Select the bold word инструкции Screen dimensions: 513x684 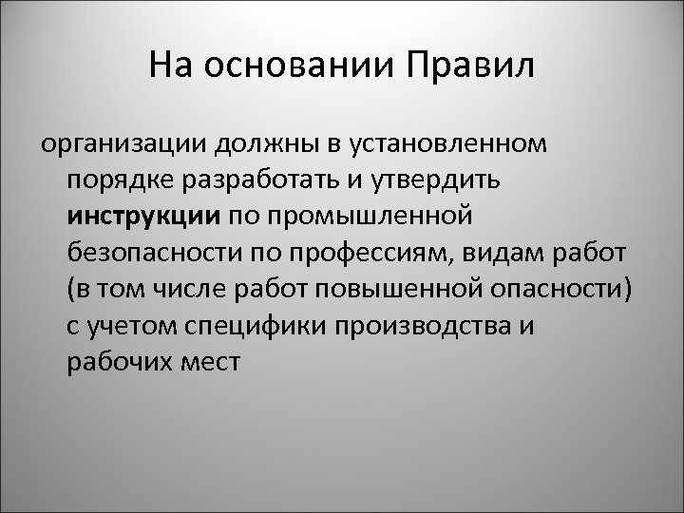[143, 215]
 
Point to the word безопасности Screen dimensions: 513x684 [148, 251]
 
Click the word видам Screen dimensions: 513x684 [499, 251]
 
